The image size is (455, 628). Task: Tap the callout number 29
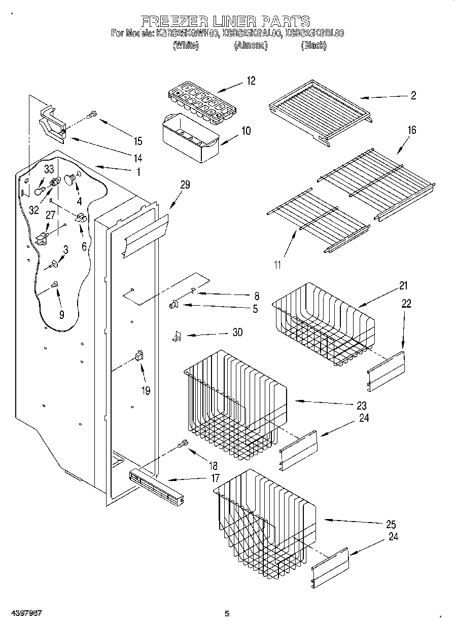click(185, 185)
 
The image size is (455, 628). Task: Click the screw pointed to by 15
click(91, 116)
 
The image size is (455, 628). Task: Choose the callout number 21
click(403, 286)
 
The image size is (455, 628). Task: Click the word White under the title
click(185, 46)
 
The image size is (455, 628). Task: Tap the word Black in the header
click(313, 46)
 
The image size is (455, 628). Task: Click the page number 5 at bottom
click(227, 614)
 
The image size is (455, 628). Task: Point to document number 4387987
click(25, 613)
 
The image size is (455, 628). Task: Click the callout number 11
click(277, 265)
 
